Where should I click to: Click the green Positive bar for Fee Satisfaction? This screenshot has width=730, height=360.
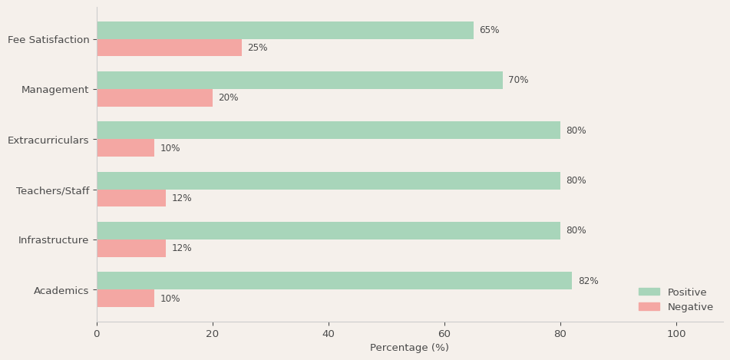pos(285,31)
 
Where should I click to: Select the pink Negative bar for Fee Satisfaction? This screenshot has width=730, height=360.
pos(169,48)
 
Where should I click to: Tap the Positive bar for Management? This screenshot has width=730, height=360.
pos(299,81)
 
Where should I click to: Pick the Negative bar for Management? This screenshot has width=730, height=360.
pos(154,97)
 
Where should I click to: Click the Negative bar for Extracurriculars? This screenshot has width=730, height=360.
pos(125,148)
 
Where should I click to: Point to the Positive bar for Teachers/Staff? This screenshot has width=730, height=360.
pos(329,180)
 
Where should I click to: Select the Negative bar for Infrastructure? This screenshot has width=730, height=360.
pos(131,248)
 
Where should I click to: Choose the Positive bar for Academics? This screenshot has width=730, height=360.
pos(334,281)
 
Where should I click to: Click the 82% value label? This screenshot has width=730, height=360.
pos(588,281)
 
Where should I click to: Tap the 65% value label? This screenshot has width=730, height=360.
pos(489,31)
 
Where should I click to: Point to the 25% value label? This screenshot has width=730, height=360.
pos(257,48)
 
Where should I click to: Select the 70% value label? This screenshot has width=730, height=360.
pos(518,81)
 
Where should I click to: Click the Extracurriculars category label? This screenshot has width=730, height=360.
pos(48,140)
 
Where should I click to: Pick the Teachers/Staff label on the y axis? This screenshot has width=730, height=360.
pos(52,190)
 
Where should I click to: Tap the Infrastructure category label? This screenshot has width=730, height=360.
pos(54,240)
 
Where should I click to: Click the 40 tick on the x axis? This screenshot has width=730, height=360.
pos(329,334)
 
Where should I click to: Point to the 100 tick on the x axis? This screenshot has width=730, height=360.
pos(676,334)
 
